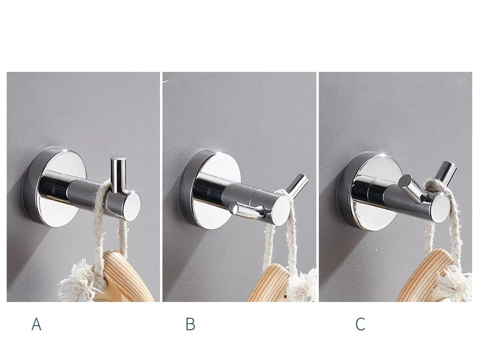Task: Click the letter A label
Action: (x=36, y=324)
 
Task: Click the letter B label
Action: (x=190, y=324)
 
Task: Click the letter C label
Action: (x=360, y=324)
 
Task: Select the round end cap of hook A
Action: (x=132, y=207)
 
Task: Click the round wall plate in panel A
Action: (x=55, y=187)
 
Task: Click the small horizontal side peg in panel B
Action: (x=246, y=209)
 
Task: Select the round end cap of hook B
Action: (x=280, y=211)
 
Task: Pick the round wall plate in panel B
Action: (x=210, y=189)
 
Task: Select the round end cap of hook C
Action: (x=441, y=208)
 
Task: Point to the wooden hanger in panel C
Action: (x=426, y=275)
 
